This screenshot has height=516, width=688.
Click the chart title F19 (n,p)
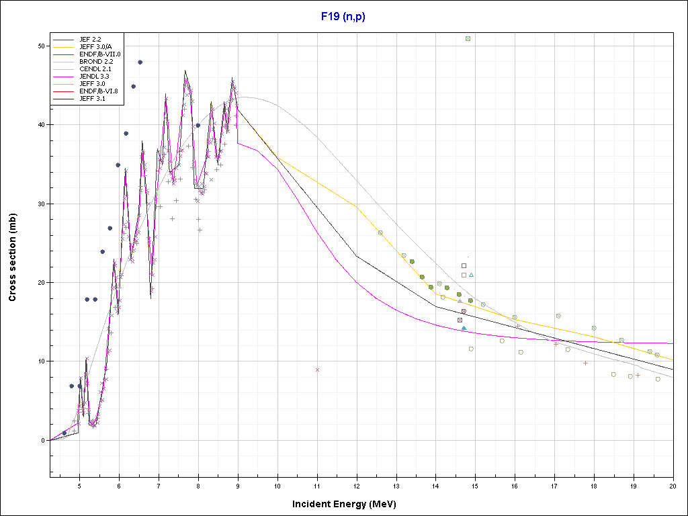343,15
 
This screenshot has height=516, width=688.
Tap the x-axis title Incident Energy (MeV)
349,503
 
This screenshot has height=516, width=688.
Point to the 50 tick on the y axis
41,46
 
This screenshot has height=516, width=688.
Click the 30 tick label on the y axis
41,204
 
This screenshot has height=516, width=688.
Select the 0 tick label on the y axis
43,440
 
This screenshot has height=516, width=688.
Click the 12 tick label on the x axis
356,485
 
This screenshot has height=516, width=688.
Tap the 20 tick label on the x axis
673,485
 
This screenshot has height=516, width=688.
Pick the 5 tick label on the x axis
79,485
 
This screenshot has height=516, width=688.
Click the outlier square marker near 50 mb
468,38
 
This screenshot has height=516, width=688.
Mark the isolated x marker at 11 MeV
317,370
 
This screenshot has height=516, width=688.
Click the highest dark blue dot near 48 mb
140,62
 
